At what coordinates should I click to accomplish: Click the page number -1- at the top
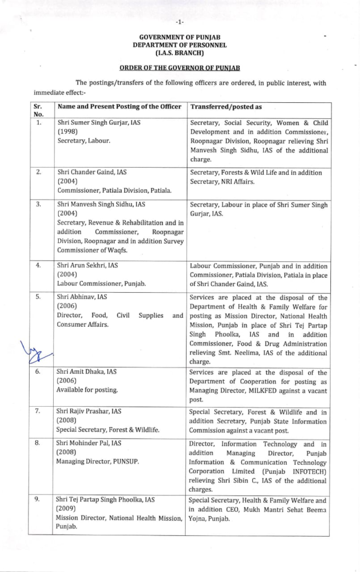[179, 22]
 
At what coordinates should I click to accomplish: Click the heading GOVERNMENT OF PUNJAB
[180, 37]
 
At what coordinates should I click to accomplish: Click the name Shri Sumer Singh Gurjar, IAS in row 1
[94, 122]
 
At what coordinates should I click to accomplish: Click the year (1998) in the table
[68, 131]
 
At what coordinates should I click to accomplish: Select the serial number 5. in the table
[38, 297]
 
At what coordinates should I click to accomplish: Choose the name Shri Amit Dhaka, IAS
[87, 373]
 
